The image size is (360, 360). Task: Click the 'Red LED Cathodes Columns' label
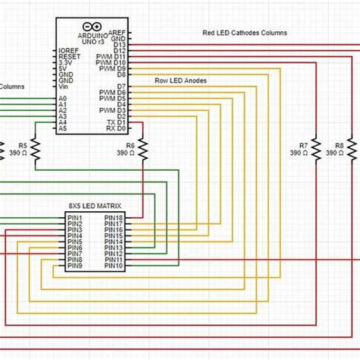click(245, 33)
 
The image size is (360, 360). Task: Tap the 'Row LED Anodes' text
click(181, 80)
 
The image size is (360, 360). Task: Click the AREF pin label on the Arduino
click(117, 33)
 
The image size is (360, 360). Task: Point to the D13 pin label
click(119, 45)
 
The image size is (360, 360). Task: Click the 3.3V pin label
click(67, 63)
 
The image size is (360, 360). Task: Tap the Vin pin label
click(64, 87)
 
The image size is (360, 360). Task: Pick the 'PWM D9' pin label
click(113, 69)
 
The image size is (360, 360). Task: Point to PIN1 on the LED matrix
click(74, 218)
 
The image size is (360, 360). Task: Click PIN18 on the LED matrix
click(114, 218)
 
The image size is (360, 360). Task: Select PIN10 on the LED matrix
click(114, 267)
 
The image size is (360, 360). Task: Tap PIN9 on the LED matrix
click(74, 267)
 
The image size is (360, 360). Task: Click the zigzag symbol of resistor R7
click(318, 148)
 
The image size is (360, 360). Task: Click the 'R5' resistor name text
click(23, 144)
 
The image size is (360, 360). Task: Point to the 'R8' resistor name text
click(339, 144)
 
